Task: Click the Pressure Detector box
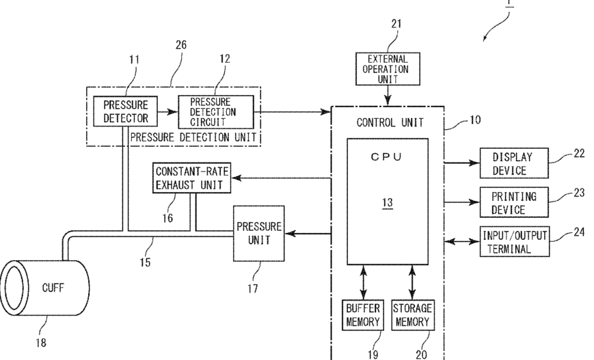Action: point(125,111)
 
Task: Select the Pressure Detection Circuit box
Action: point(216,112)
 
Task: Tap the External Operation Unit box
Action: point(388,69)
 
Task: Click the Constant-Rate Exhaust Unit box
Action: point(191,178)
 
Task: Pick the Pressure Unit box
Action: point(259,234)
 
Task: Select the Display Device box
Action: point(514,163)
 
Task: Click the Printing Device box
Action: point(514,202)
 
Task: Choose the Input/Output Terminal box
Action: point(515,242)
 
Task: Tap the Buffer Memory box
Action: point(363,315)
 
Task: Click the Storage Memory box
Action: point(413,315)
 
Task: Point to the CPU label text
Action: point(386,156)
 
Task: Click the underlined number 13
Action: point(387,203)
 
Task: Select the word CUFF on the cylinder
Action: point(53,288)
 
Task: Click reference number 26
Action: point(181,44)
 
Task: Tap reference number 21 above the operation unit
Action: point(396,24)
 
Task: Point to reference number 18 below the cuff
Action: point(41,343)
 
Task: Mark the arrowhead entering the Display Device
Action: point(474,163)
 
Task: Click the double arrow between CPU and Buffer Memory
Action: point(364,282)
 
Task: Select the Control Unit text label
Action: point(390,122)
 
